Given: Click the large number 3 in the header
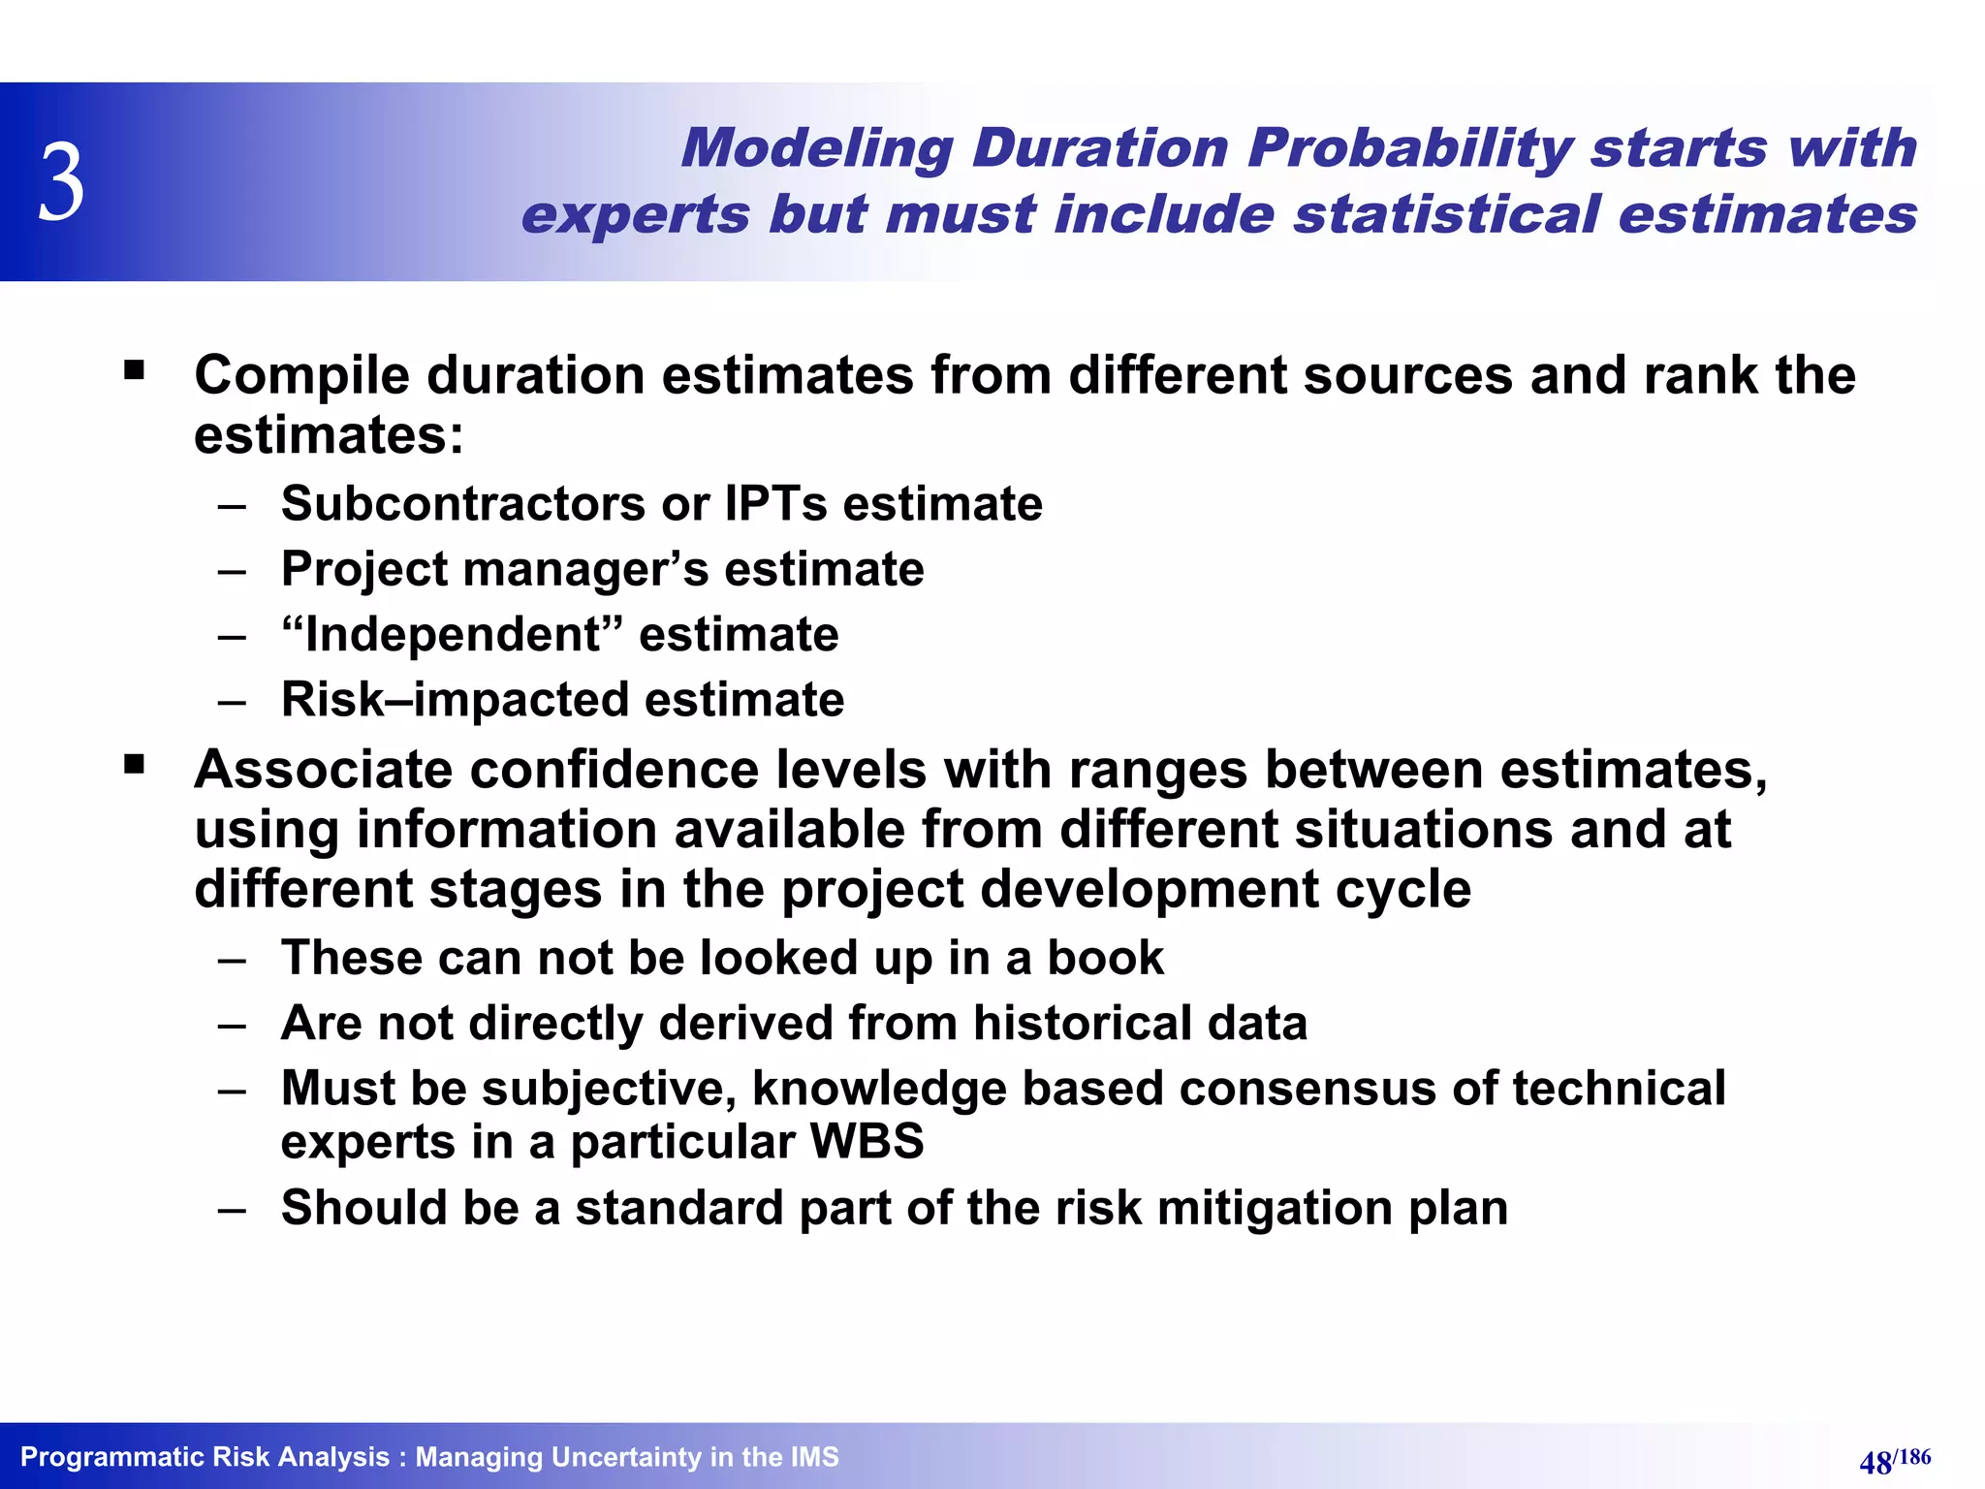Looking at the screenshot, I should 62,182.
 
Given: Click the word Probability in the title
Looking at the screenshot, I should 1409,150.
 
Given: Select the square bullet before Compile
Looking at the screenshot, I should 135,369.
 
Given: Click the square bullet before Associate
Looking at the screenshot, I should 135,765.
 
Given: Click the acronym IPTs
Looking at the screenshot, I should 775,504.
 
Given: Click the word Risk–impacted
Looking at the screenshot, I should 455,700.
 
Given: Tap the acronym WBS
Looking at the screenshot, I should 866,1142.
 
